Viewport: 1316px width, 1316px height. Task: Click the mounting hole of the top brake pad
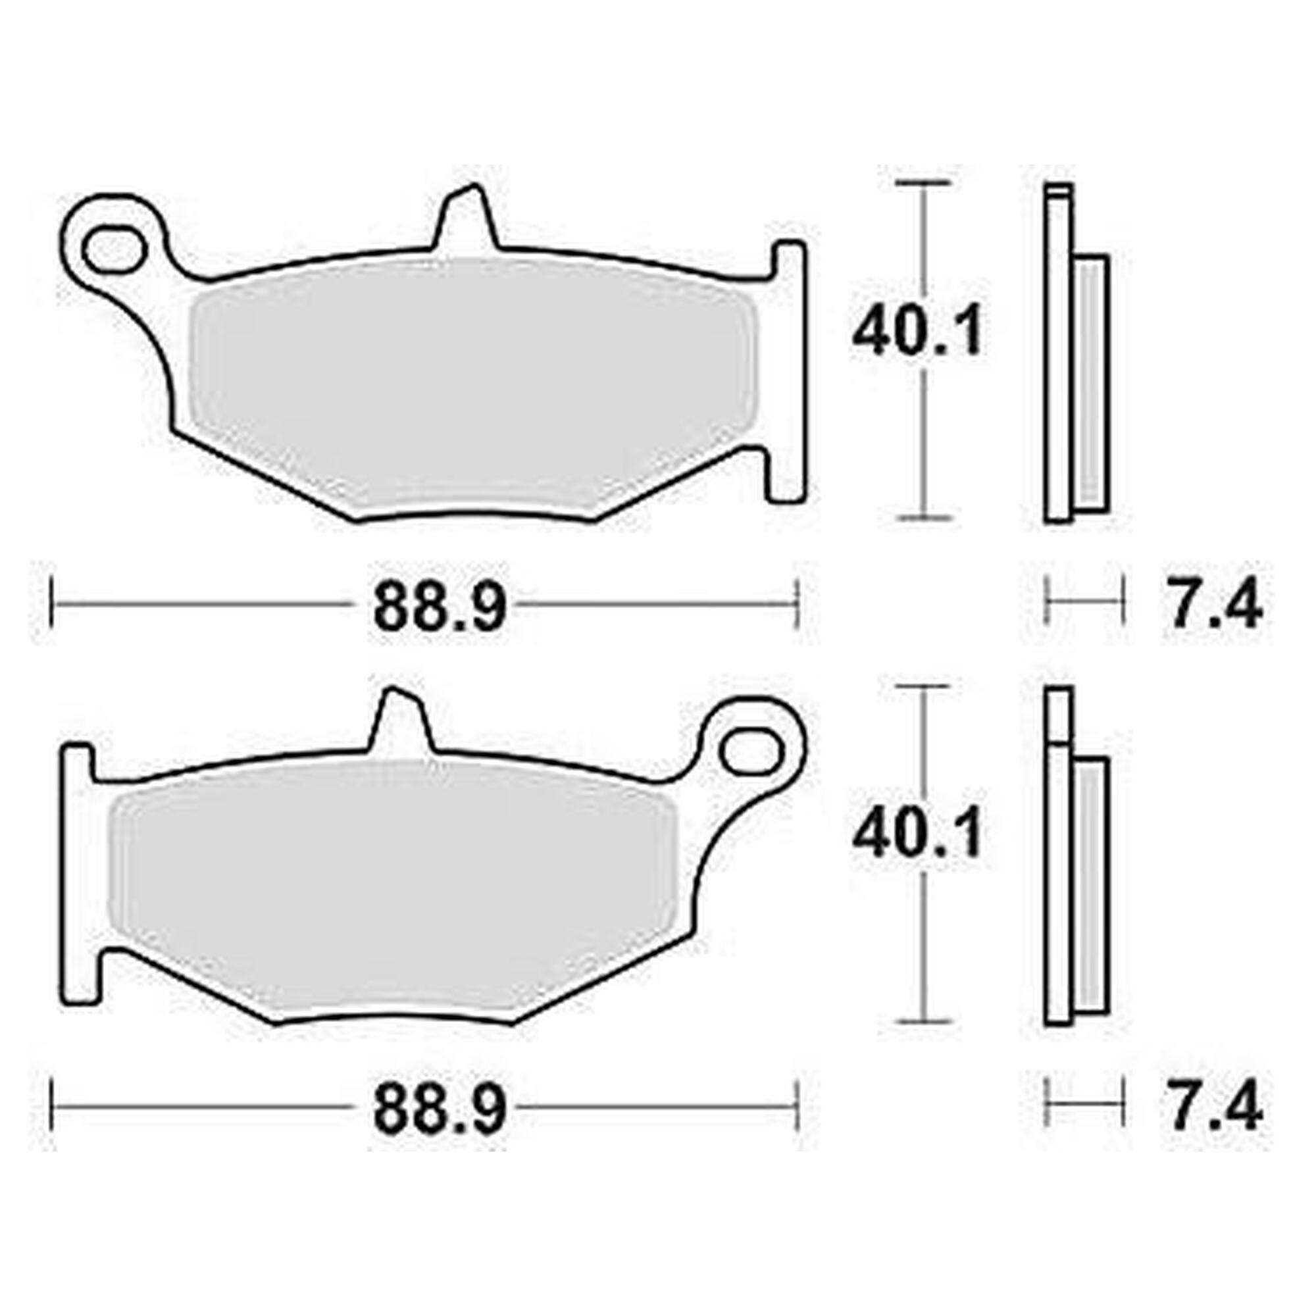113,249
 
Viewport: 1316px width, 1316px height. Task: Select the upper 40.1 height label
917,332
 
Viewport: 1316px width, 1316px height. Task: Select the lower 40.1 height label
917,834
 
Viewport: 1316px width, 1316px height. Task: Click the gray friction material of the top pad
470,382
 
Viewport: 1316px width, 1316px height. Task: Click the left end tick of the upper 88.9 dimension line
52,603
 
